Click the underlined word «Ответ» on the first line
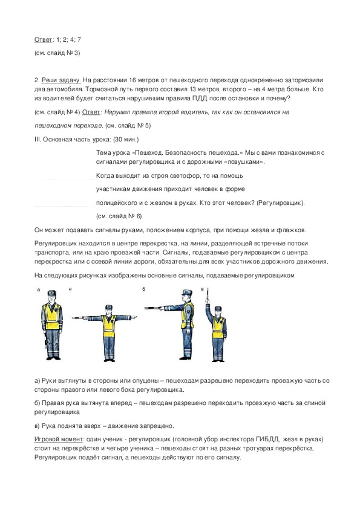[x=43, y=40]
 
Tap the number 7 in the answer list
[x=79, y=40]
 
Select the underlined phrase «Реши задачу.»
[x=61, y=80]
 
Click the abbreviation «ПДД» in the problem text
[x=200, y=99]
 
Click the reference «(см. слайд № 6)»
[x=119, y=216]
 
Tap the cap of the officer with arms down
[x=51, y=293]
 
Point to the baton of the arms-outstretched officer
[x=79, y=318]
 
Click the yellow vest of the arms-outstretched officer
[x=109, y=326]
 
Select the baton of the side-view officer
[x=155, y=308]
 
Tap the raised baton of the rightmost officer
[x=208, y=295]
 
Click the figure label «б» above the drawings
[x=143, y=290]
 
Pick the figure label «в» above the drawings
[x=203, y=289]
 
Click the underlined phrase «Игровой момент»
[x=59, y=439]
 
